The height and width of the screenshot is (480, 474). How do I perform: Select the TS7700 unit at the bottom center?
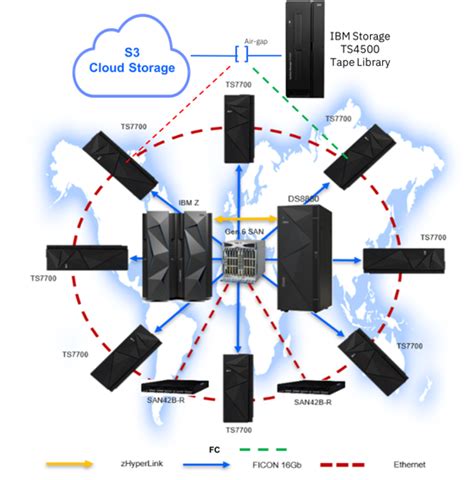point(236,384)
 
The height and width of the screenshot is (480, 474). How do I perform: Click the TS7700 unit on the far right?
point(398,260)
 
